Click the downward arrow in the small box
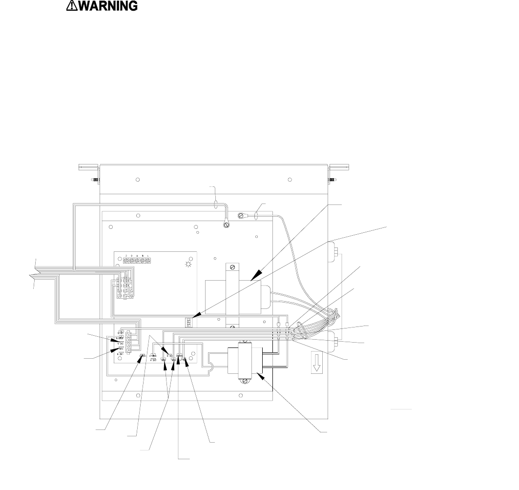[x=317, y=364]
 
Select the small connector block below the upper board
[x=188, y=323]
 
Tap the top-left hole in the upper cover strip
[x=138, y=180]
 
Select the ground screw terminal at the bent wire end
[x=226, y=225]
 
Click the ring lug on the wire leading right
[x=241, y=215]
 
